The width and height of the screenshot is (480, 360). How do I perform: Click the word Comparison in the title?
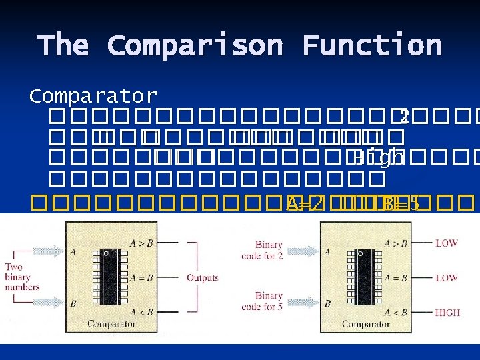195,46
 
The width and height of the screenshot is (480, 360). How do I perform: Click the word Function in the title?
371,46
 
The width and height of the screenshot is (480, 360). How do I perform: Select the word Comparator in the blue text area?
93,97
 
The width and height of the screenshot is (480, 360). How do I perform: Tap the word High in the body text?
378,158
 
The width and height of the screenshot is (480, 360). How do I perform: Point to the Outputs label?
203,277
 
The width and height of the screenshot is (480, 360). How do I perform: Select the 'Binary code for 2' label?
269,251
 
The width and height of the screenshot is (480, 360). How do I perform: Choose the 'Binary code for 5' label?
269,301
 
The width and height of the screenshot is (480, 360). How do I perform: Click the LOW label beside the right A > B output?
446,243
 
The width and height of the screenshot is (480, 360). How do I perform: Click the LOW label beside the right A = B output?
446,277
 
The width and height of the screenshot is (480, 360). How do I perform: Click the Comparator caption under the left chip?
111,325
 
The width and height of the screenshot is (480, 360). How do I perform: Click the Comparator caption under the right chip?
365,325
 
